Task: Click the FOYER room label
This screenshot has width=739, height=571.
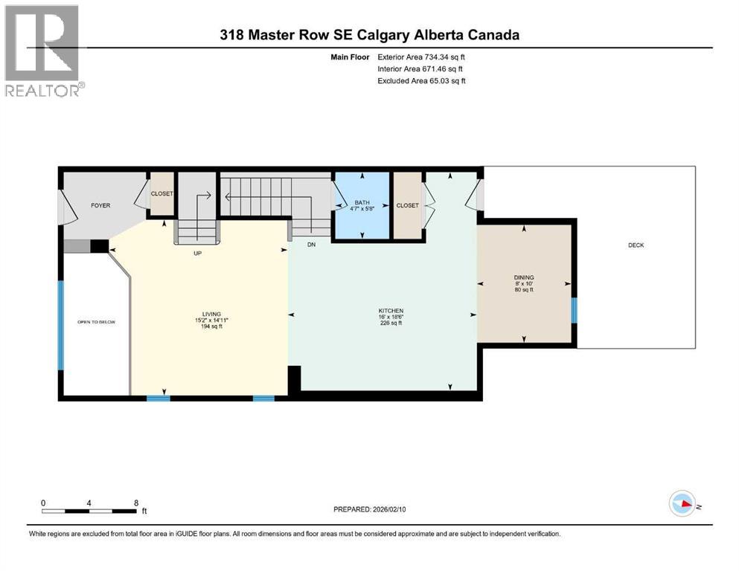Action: [x=100, y=205]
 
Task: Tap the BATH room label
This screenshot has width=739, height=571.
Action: [x=362, y=202]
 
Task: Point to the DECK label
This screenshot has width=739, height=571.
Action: [x=636, y=245]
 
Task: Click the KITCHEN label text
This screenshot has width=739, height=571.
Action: [x=390, y=310]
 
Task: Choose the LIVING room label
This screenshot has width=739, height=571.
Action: [x=211, y=314]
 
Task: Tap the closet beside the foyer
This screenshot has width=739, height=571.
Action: [x=162, y=194]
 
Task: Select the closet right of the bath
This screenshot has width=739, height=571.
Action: [x=407, y=205]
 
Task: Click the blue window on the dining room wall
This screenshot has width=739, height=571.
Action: [x=573, y=310]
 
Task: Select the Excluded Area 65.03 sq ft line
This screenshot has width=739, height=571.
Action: [x=422, y=81]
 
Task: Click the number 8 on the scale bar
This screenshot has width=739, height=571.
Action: [x=136, y=503]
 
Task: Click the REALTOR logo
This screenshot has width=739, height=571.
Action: [x=44, y=51]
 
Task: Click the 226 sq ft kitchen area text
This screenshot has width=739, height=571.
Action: [x=390, y=323]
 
